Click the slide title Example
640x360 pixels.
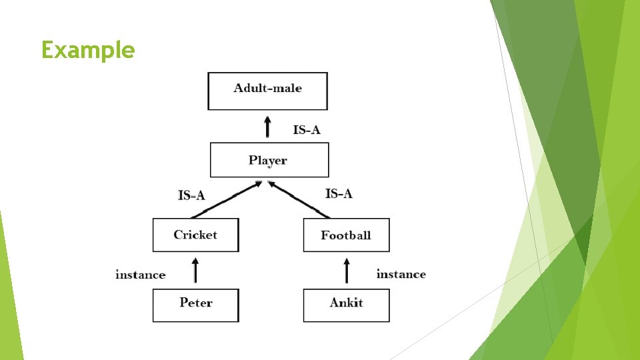click(x=88, y=50)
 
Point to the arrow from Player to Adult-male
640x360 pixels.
click(x=268, y=127)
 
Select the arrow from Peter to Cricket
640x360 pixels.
click(x=195, y=271)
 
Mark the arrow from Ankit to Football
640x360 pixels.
click(x=346, y=271)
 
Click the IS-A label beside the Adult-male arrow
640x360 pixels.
click(x=307, y=129)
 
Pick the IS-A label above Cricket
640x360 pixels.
click(x=191, y=195)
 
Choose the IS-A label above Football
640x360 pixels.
click(x=339, y=193)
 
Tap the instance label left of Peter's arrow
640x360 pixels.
click(x=140, y=275)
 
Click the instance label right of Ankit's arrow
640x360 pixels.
click(x=401, y=274)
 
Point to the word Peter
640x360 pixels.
click(x=196, y=303)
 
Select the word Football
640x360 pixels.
click(x=346, y=235)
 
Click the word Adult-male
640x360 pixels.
click(x=267, y=88)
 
